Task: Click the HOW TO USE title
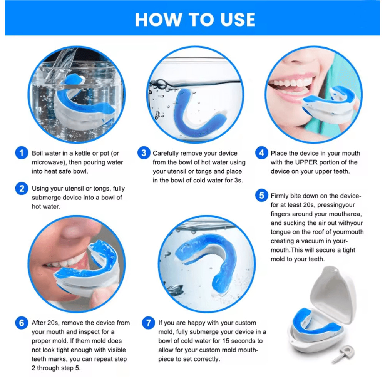[195, 20]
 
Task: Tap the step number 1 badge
[21, 153]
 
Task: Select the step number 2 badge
[21, 189]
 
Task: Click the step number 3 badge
[143, 153]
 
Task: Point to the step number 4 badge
[262, 153]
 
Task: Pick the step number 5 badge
[262, 196]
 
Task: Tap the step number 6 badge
[21, 323]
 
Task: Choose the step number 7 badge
[148, 323]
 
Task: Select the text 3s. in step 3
[237, 181]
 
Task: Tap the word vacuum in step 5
[310, 241]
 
